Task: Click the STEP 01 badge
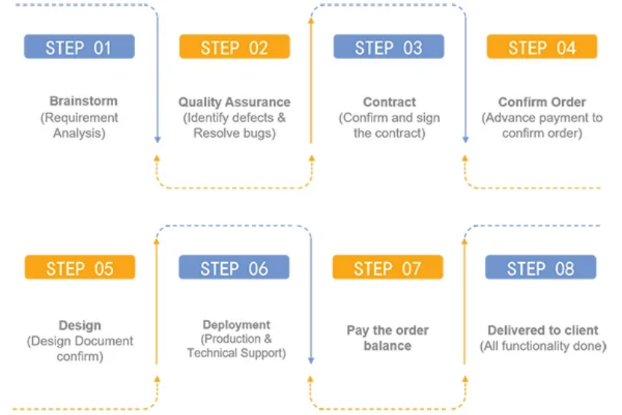click(x=79, y=46)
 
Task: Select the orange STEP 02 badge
click(x=235, y=46)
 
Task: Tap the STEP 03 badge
click(x=389, y=46)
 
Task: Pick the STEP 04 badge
click(x=542, y=46)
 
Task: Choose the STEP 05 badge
click(x=79, y=267)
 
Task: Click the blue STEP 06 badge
click(x=234, y=267)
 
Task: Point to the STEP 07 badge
click(x=387, y=267)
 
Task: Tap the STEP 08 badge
click(x=540, y=267)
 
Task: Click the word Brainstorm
click(x=83, y=101)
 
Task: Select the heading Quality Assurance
click(x=235, y=102)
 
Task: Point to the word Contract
click(x=390, y=102)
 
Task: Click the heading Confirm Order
click(x=542, y=102)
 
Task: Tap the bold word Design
click(x=79, y=325)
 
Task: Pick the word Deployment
click(x=236, y=324)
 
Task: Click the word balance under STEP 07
click(x=387, y=345)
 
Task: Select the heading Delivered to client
click(x=543, y=330)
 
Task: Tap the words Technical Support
click(x=235, y=353)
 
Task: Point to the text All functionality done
click(x=543, y=346)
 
